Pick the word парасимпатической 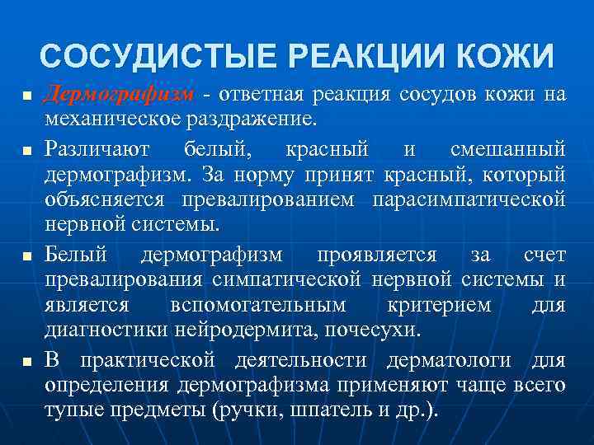point(469,200)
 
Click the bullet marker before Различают point(26,152)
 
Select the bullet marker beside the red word point(26,96)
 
